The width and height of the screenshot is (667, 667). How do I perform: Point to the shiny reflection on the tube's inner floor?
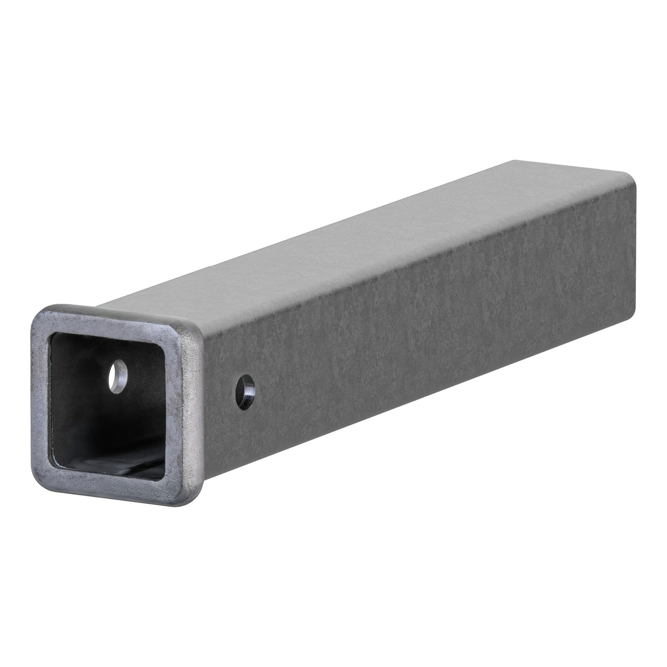(x=150, y=450)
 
